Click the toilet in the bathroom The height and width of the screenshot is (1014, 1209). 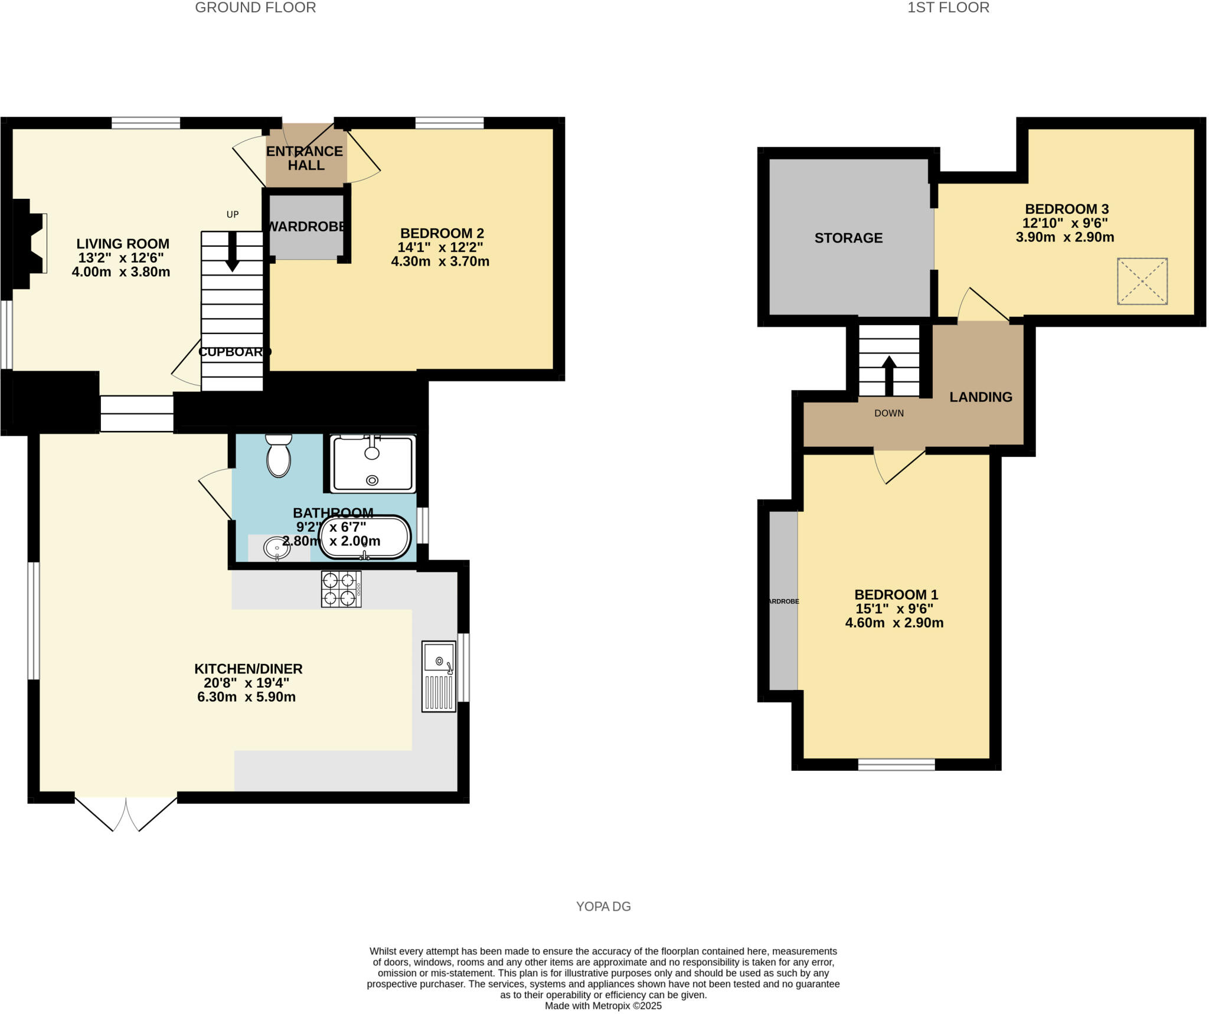tap(279, 458)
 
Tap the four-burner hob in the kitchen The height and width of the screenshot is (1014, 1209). tap(341, 589)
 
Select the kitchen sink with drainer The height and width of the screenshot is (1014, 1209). tap(439, 676)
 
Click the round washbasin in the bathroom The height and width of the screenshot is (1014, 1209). tap(276, 548)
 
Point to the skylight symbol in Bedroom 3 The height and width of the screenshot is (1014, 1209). tap(1142, 281)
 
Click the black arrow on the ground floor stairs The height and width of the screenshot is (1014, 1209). tap(233, 251)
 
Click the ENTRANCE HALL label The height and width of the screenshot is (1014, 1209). tap(305, 158)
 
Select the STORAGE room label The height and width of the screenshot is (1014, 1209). tap(848, 238)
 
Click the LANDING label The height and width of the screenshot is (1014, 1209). tap(981, 397)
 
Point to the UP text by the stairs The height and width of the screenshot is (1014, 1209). tap(233, 214)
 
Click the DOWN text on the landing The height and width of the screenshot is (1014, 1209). tap(889, 413)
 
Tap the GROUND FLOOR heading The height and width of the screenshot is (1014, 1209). tap(255, 8)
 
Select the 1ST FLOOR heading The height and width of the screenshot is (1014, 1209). tap(948, 8)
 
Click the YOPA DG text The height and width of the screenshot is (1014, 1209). tap(603, 907)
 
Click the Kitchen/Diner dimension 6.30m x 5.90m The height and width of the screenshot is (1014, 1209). tap(246, 697)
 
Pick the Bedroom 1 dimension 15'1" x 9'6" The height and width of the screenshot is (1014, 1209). tap(894, 609)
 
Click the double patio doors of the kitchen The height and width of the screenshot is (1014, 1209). tap(126, 813)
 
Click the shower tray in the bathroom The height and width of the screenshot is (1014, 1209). tap(372, 464)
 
